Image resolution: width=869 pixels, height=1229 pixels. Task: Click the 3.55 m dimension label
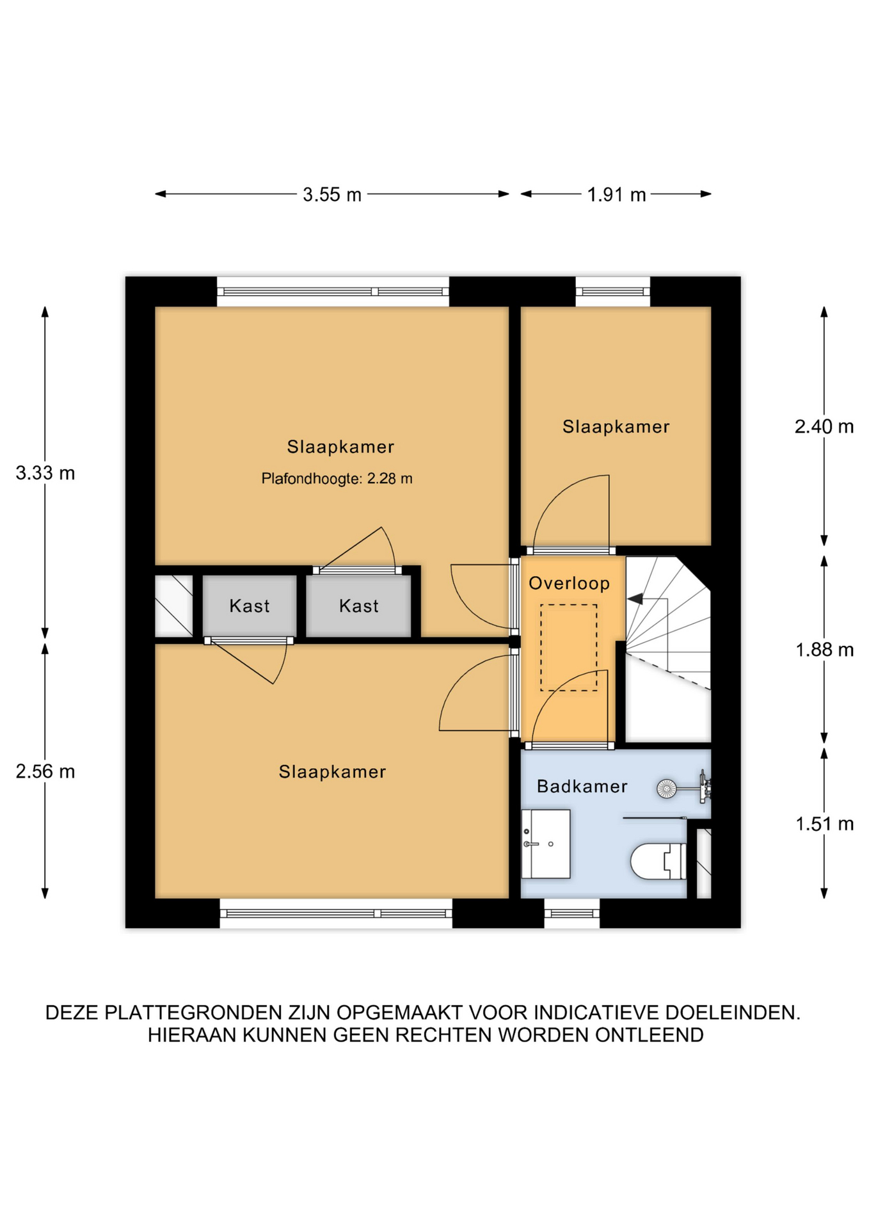click(331, 194)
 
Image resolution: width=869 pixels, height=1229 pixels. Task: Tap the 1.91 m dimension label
click(616, 194)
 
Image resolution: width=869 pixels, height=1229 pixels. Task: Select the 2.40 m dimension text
click(824, 426)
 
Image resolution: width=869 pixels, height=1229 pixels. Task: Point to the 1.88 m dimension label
click(824, 650)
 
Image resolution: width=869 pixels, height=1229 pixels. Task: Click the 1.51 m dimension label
click(824, 824)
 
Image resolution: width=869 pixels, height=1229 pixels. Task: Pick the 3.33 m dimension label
click(45, 473)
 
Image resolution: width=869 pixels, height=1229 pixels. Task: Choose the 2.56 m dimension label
click(45, 771)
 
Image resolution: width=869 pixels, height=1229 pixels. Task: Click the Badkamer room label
click(582, 786)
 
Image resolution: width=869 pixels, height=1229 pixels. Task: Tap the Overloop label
click(569, 583)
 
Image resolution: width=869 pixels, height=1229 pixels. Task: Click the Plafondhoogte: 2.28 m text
click(337, 478)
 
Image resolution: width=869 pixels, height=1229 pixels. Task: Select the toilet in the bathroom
click(658, 861)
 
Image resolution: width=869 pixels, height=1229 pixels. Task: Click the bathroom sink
click(545, 844)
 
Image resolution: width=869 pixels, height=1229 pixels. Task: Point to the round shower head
click(666, 789)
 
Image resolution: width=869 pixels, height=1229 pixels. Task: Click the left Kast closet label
click(250, 606)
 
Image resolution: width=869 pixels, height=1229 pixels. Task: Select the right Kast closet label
click(358, 606)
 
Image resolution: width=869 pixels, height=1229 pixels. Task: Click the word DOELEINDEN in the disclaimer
click(733, 1013)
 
